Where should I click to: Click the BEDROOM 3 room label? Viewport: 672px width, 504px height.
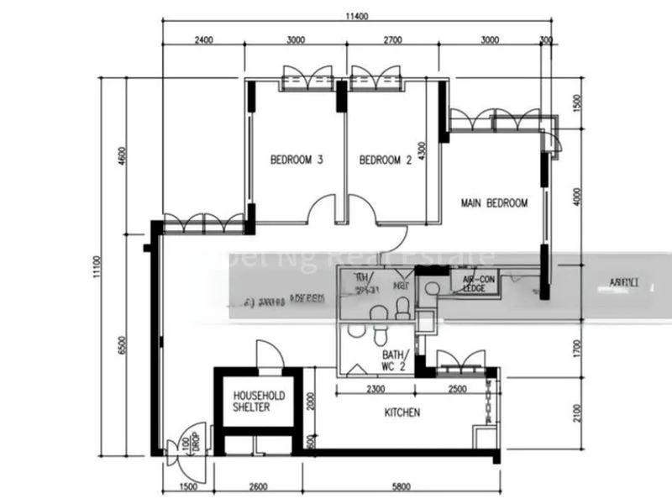tap(297, 160)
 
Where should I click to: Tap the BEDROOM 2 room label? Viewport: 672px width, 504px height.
tap(385, 160)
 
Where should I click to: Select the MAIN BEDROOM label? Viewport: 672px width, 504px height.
tap(494, 203)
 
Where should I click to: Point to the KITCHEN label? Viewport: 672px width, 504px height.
tap(402, 412)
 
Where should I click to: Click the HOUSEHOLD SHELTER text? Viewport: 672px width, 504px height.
tap(258, 401)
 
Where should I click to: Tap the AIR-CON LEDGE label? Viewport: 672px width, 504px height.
tap(474, 283)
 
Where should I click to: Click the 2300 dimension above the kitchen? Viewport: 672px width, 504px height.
tap(375, 389)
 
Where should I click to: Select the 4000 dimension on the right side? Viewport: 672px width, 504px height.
tap(576, 195)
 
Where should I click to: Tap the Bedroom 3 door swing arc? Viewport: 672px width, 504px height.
tap(323, 211)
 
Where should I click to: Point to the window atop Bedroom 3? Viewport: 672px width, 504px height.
tap(306, 78)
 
